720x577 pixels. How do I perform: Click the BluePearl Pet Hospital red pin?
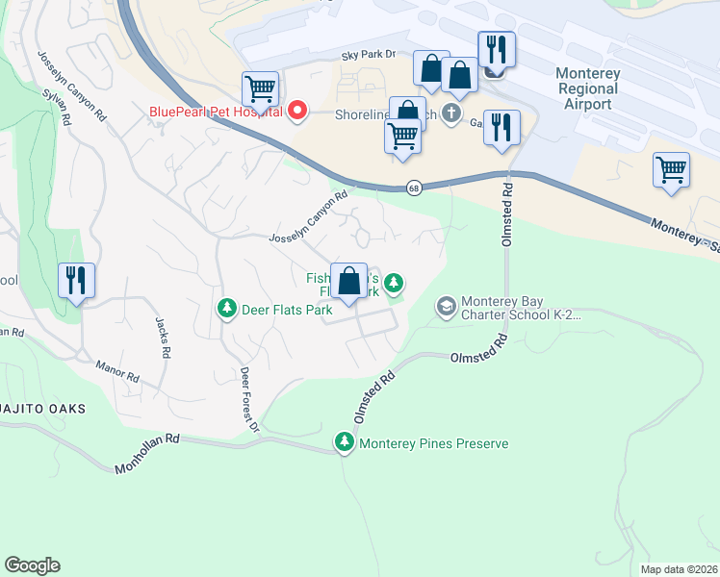click(297, 111)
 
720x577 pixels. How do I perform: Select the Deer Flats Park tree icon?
click(226, 309)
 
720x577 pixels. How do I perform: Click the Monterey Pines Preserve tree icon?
click(345, 442)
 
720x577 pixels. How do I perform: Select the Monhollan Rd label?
click(147, 453)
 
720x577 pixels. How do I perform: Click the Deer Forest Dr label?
click(249, 399)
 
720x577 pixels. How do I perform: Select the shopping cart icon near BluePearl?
click(260, 89)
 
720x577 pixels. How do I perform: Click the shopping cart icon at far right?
click(671, 170)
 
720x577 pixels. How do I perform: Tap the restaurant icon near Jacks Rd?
click(76, 280)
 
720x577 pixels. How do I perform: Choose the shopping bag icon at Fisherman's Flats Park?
click(349, 281)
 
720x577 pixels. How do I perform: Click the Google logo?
click(33, 565)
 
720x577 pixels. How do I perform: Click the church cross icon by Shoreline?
click(452, 113)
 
